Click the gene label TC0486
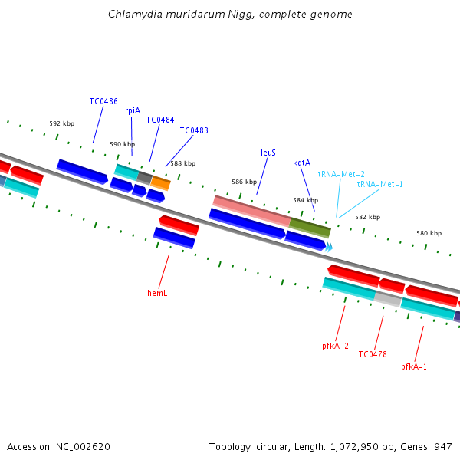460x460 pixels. [x=103, y=101]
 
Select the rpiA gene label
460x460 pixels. [x=133, y=111]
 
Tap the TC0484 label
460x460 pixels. [x=160, y=120]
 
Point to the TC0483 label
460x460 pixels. [x=194, y=130]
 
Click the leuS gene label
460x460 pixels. [x=268, y=153]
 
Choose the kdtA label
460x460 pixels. [x=301, y=163]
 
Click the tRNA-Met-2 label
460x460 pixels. [x=341, y=174]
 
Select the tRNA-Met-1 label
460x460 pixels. [x=380, y=184]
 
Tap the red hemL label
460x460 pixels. [x=157, y=293]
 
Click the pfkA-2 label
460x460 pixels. [x=335, y=347]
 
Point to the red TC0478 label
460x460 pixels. [x=373, y=354]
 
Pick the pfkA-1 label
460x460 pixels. [x=414, y=366]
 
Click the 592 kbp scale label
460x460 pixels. [x=62, y=123]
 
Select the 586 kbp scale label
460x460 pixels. [x=244, y=182]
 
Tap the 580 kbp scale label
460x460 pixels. [x=429, y=233]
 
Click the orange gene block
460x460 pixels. [x=160, y=183]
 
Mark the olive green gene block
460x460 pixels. [x=310, y=228]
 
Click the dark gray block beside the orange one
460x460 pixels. [x=145, y=178]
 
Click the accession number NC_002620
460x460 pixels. [x=83, y=447]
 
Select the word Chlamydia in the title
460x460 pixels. [x=135, y=15]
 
